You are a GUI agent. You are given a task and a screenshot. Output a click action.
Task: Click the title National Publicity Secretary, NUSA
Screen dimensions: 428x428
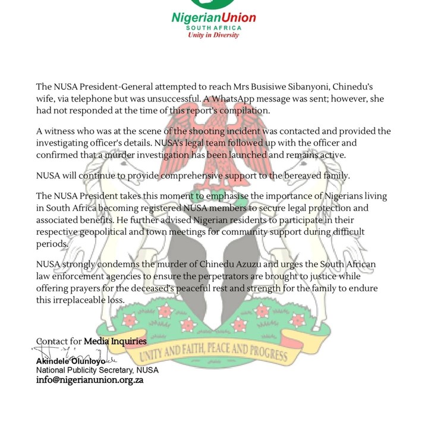(97, 370)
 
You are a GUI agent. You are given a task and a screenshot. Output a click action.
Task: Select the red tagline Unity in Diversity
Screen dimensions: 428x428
(213, 35)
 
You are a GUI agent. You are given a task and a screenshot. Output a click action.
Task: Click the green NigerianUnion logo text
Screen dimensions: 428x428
(213, 17)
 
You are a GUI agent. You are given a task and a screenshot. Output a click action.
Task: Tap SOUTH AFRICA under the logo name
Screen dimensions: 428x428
(213, 27)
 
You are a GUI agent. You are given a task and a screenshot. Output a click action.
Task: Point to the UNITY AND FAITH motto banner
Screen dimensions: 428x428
(213, 350)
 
